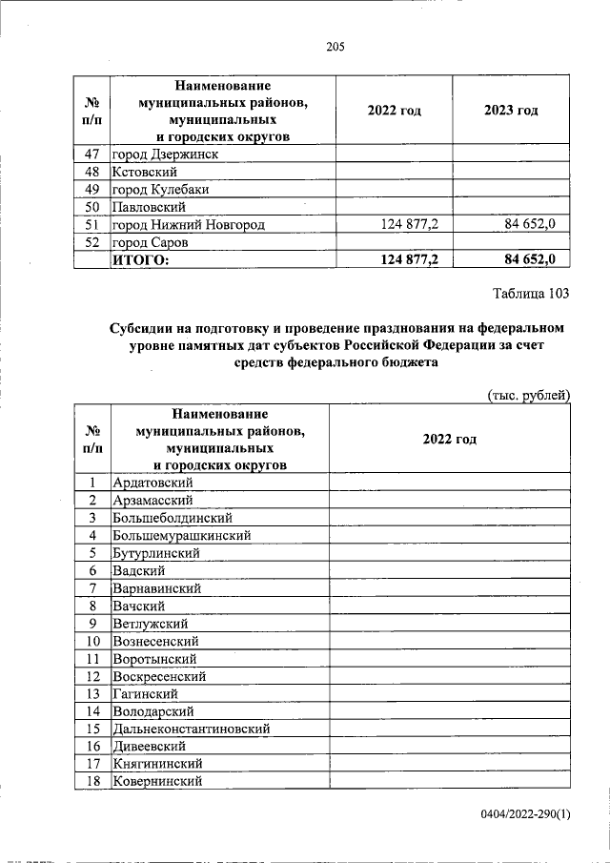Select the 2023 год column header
click(511, 111)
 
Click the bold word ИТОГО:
click(140, 259)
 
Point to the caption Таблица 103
click(530, 292)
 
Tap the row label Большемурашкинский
click(181, 536)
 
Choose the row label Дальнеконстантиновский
click(191, 729)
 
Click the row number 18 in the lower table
click(93, 781)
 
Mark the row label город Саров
click(151, 242)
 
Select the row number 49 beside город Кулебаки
click(93, 189)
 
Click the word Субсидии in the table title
click(144, 328)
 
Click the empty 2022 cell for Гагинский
click(449, 693)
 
